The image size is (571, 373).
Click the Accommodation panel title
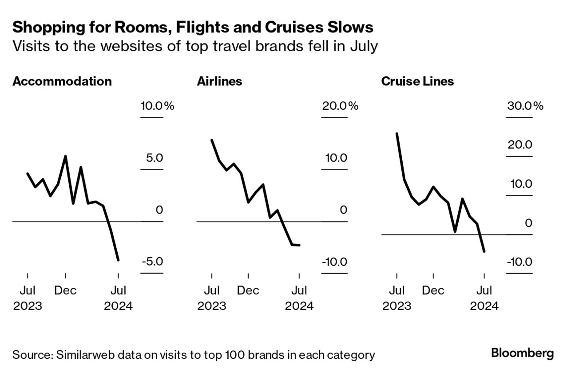point(62,82)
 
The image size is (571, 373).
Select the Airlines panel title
point(219,82)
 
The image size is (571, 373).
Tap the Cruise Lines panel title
point(417,82)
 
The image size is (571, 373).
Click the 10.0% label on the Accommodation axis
point(157,106)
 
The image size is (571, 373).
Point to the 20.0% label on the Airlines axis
point(340,106)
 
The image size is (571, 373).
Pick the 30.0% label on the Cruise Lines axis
point(525,106)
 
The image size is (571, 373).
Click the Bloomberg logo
point(523,353)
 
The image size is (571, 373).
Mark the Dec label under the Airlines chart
point(248,291)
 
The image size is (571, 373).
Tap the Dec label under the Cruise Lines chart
point(433,291)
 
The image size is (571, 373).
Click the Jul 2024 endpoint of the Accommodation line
point(118,260)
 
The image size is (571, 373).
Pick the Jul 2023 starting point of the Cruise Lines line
point(397,133)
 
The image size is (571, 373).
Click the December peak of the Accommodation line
point(65,156)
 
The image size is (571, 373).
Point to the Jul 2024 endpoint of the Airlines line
point(299,245)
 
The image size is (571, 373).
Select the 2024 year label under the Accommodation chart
point(118,306)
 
